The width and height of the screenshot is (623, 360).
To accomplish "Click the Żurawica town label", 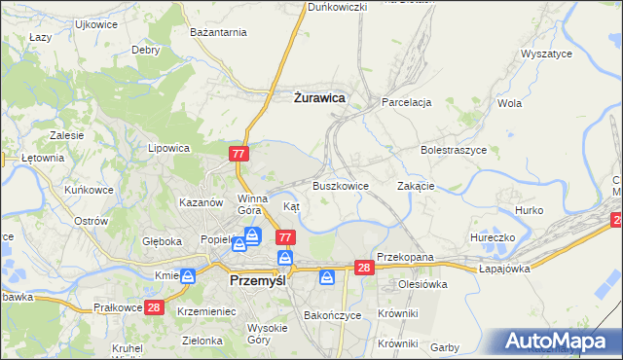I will coord(319,97).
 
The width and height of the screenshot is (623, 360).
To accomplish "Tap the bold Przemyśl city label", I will coord(262,279).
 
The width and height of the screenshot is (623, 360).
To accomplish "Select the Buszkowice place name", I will coord(340,185).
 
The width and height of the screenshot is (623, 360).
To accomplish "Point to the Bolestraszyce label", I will coord(454,151).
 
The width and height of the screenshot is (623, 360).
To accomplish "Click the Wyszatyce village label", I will coord(546,54).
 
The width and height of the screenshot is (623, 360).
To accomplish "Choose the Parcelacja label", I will coord(407,101).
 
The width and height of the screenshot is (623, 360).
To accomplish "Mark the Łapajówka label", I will coord(504,269).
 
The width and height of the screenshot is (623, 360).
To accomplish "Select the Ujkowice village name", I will coord(95,23).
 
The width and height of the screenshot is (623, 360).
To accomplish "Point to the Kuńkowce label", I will coord(90,190).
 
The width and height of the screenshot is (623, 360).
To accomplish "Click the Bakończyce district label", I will coord(332,315).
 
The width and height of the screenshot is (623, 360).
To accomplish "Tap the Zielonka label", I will coord(202,341).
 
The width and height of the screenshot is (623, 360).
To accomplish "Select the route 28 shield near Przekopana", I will coord(364,268).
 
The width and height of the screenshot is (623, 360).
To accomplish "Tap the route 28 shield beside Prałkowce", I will coord(154,307).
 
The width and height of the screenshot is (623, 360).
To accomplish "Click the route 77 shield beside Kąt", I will coord(285,237).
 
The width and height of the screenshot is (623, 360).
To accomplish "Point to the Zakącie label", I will coord(416,185).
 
